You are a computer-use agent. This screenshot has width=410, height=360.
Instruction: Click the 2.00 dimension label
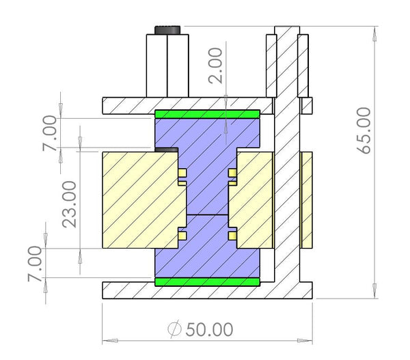(216, 66)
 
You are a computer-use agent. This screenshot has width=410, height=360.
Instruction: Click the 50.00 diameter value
(209, 330)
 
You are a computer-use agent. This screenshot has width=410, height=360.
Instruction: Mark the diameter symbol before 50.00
(175, 330)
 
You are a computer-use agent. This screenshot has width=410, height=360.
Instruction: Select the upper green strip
(208, 114)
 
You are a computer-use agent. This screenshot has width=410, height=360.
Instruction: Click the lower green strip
(208, 281)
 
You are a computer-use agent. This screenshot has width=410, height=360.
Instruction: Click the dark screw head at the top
(167, 30)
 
